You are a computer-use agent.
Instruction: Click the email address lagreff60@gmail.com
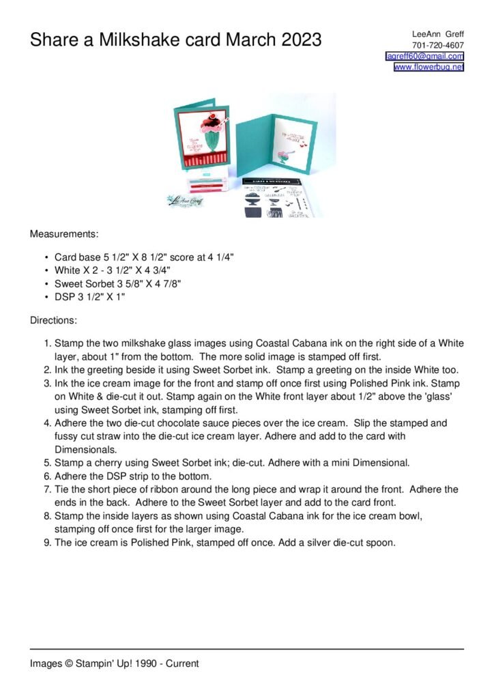point(424,56)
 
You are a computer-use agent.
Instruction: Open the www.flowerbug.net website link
point(428,67)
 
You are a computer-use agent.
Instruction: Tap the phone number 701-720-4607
point(438,45)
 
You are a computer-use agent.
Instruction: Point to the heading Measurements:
point(64,234)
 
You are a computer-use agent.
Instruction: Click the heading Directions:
point(53,319)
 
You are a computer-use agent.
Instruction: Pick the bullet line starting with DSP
point(89,297)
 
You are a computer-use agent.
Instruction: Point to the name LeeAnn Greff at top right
point(437,33)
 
